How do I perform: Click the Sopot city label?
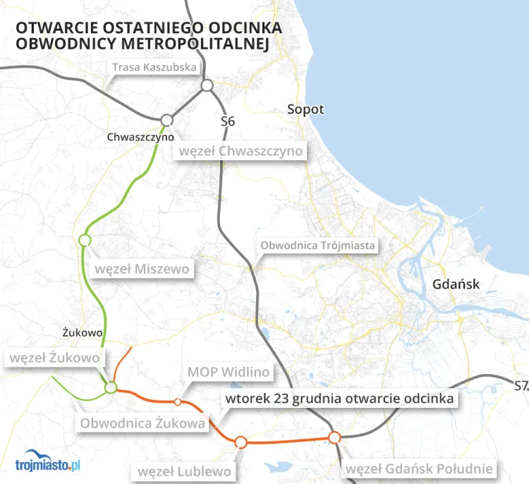pyautogui.click(x=305, y=109)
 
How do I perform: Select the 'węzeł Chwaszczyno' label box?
pyautogui.click(x=241, y=152)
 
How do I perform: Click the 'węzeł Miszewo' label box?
pyautogui.click(x=142, y=269)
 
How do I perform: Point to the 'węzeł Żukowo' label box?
pyautogui.click(x=54, y=358)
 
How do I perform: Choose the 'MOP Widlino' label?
pyautogui.click(x=229, y=372)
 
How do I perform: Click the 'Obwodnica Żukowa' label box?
pyautogui.click(x=143, y=423)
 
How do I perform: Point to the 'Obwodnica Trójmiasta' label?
pyautogui.click(x=319, y=246)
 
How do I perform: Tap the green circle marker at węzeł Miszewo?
pyautogui.click(x=85, y=240)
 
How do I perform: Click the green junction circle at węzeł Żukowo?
pyautogui.click(x=111, y=387)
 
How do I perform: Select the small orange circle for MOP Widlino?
pyautogui.click(x=178, y=401)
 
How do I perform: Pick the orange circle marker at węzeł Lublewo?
pyautogui.click(x=241, y=442)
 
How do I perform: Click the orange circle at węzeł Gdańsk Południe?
pyautogui.click(x=335, y=437)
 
